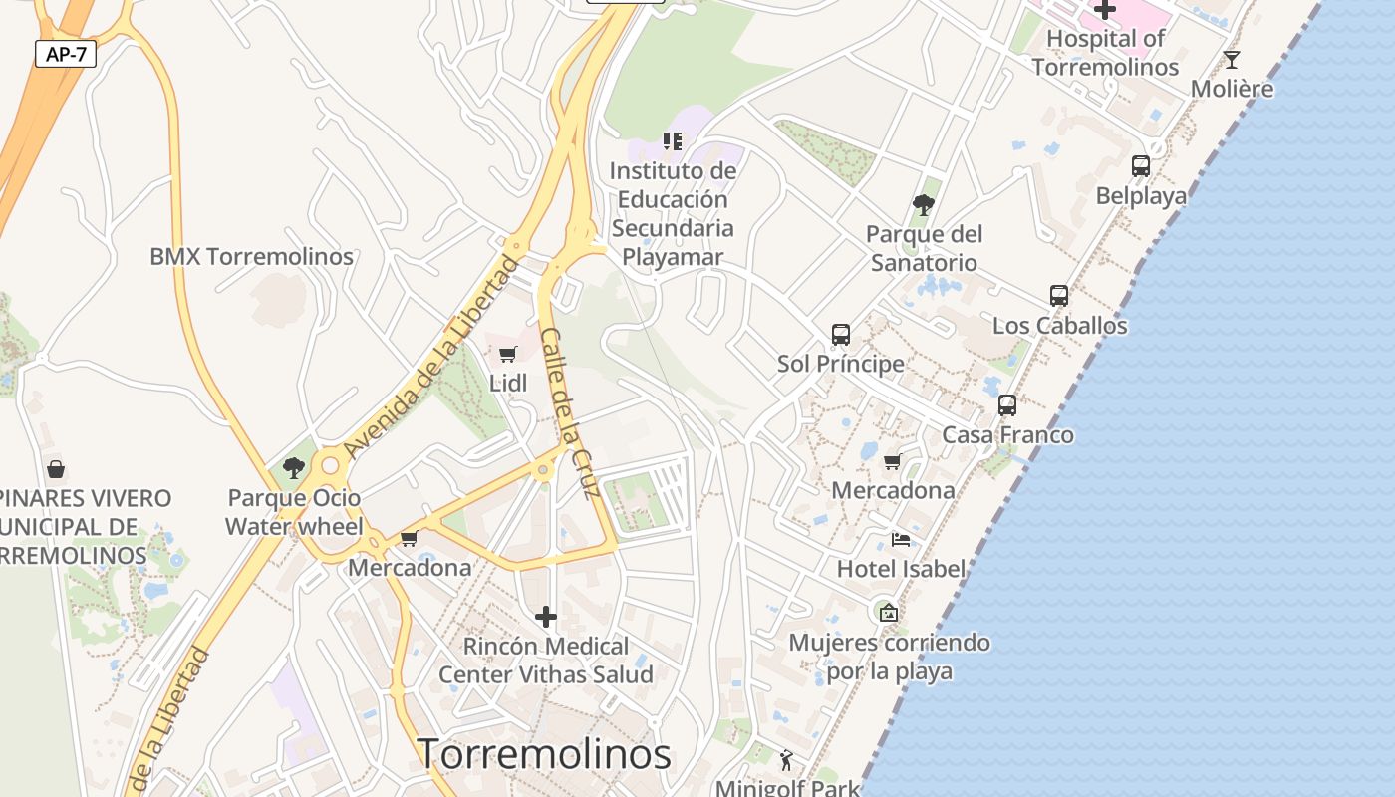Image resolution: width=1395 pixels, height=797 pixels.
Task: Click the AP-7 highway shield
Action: pyautogui.click(x=66, y=54)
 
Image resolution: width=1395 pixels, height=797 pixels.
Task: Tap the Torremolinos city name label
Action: pyautogui.click(x=544, y=754)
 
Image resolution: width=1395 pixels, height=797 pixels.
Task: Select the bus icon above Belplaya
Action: pyautogui.click(x=1141, y=166)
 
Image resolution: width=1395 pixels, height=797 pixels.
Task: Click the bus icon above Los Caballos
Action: pyautogui.click(x=1059, y=296)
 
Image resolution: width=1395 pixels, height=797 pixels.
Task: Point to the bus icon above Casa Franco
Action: pyautogui.click(x=1007, y=405)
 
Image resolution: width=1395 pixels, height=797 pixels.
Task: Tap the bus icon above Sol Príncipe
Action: pyautogui.click(x=841, y=335)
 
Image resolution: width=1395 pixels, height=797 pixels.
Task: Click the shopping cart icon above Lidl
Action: pyautogui.click(x=508, y=354)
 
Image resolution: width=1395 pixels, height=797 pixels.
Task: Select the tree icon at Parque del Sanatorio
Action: pyautogui.click(x=924, y=206)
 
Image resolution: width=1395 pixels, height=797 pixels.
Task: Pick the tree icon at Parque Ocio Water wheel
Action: pyautogui.click(x=294, y=467)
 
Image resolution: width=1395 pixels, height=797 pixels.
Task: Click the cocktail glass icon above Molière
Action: pyautogui.click(x=1232, y=60)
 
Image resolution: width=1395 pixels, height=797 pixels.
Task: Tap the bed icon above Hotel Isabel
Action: pyautogui.click(x=901, y=540)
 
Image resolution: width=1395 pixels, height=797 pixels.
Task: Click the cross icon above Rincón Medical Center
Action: pyautogui.click(x=546, y=617)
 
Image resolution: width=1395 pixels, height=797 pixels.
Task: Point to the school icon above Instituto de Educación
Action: pyautogui.click(x=674, y=141)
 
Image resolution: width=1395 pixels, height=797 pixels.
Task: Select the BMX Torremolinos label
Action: pyautogui.click(x=251, y=256)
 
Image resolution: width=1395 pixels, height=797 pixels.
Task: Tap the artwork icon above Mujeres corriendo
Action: pyautogui.click(x=889, y=613)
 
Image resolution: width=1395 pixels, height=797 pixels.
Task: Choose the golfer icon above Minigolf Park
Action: pyautogui.click(x=787, y=760)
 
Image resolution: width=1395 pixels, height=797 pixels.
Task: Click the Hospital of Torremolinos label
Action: pyautogui.click(x=1105, y=53)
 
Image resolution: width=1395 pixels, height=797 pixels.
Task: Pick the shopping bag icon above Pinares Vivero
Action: pyautogui.click(x=56, y=468)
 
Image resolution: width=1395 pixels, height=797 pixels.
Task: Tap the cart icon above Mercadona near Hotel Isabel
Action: pyautogui.click(x=892, y=461)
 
